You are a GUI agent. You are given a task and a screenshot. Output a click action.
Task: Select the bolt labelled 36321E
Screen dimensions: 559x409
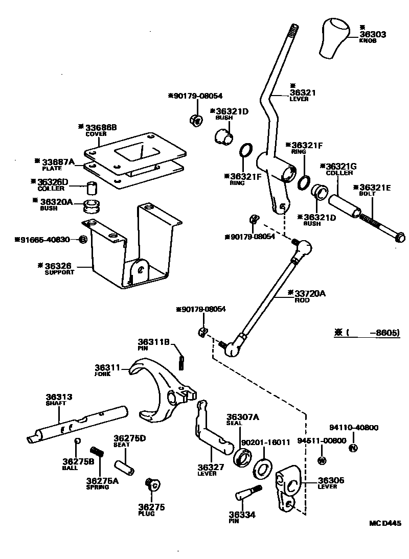tap(373, 221)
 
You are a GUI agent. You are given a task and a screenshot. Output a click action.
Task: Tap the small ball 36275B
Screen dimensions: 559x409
tap(76, 441)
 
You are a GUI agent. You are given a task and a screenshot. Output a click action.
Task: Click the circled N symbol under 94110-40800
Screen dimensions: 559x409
tap(352, 449)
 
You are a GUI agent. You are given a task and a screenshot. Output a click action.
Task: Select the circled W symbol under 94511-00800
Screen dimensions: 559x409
tap(322, 460)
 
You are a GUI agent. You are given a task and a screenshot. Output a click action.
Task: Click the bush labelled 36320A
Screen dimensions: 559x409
tap(92, 207)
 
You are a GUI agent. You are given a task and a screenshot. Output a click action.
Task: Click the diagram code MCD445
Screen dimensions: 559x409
tap(385, 523)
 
